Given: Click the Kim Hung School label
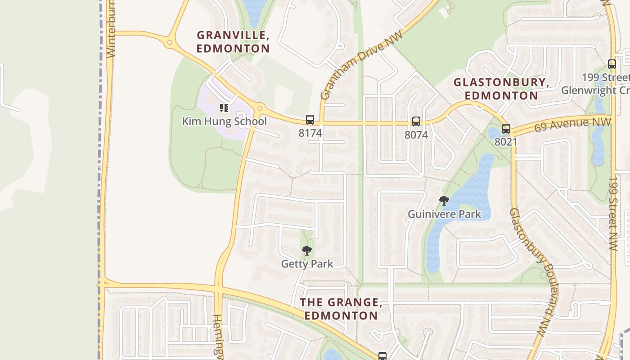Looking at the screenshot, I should pos(224,121).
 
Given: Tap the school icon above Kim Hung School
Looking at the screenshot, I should pos(224,108).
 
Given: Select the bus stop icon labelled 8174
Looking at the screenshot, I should pos(310,120).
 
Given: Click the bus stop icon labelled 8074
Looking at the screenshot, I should pos(416,121).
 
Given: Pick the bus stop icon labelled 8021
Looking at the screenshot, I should pos(506,129).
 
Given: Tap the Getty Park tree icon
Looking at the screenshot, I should pos(307,251).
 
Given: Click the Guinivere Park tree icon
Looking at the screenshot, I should pos(444,201).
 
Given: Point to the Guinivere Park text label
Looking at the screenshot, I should pos(444,214).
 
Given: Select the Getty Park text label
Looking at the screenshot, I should pos(307,264).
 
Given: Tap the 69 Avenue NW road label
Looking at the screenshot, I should pos(572,125).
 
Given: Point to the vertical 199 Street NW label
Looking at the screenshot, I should pos(612,213).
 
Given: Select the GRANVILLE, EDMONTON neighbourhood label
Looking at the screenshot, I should pos(233,41).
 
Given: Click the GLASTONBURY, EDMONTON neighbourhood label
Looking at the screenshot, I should pos(501,89).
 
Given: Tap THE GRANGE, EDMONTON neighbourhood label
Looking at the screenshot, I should pos(341,309).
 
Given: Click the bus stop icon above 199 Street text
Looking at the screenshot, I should pos(612,64).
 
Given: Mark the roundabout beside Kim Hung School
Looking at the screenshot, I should pos(260,108).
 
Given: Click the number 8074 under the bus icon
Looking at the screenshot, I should pos(416,135).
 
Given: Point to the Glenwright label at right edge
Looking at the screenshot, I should pos(594,90).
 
